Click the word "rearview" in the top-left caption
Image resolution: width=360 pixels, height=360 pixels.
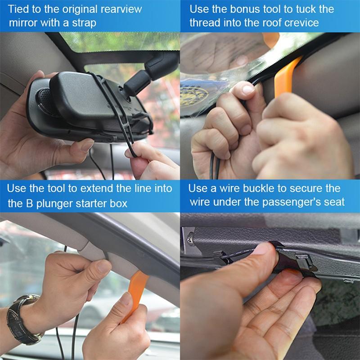pos(121,9)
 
